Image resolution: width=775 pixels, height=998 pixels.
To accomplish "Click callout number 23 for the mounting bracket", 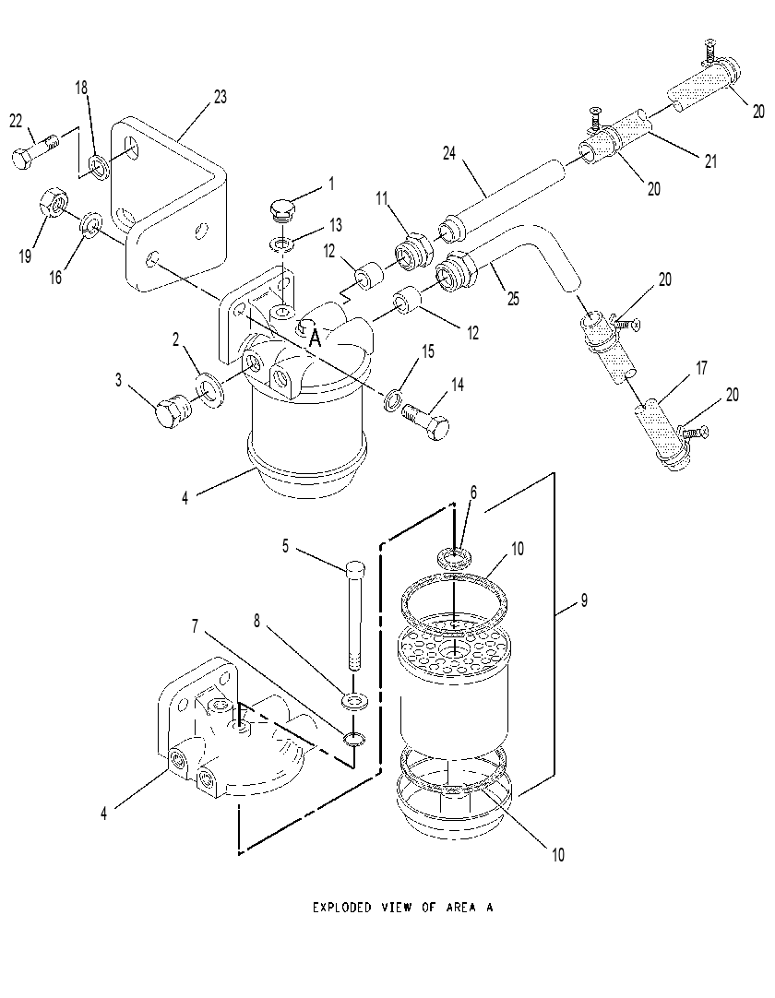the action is click(220, 97).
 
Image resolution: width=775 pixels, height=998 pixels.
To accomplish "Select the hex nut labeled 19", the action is click(54, 203).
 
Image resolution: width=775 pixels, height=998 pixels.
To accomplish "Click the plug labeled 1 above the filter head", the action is click(280, 211).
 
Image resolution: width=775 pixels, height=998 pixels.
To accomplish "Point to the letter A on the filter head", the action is click(314, 339).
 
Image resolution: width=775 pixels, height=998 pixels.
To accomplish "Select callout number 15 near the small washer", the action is click(428, 351).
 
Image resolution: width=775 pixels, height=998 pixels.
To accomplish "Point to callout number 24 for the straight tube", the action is click(449, 153).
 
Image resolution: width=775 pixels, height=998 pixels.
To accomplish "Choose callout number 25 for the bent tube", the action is click(513, 298).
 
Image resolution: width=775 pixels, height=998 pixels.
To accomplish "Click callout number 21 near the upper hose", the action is click(710, 161).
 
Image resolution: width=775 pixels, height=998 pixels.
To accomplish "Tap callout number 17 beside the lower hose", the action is click(701, 368).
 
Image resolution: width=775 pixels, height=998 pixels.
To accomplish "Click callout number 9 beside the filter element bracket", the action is click(584, 600).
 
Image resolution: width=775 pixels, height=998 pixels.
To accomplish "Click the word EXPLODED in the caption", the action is click(341, 907).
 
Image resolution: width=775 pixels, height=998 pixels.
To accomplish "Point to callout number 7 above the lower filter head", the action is click(195, 627).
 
